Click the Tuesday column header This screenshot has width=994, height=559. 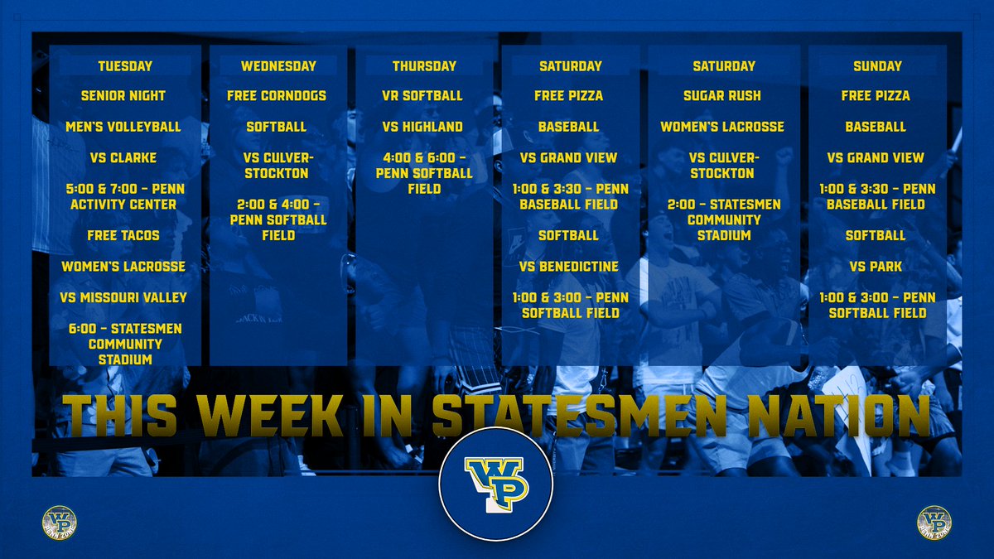(x=125, y=66)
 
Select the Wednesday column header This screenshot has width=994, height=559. (x=278, y=66)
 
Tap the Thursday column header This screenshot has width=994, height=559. (x=425, y=66)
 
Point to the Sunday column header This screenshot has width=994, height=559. (x=877, y=66)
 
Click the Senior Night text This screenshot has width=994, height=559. (x=123, y=96)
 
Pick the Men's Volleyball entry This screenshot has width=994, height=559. (x=123, y=127)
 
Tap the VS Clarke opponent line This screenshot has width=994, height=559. (x=123, y=157)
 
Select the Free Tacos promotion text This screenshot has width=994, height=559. (x=123, y=235)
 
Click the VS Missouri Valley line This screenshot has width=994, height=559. (x=123, y=297)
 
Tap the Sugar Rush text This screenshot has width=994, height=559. (x=723, y=96)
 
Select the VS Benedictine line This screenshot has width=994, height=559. (x=570, y=267)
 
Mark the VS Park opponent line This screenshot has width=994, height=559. (x=876, y=267)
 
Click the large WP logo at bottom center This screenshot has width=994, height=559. (x=496, y=484)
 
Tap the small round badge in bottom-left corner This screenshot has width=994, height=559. (x=59, y=523)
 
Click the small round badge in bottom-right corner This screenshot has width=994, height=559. (x=934, y=523)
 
